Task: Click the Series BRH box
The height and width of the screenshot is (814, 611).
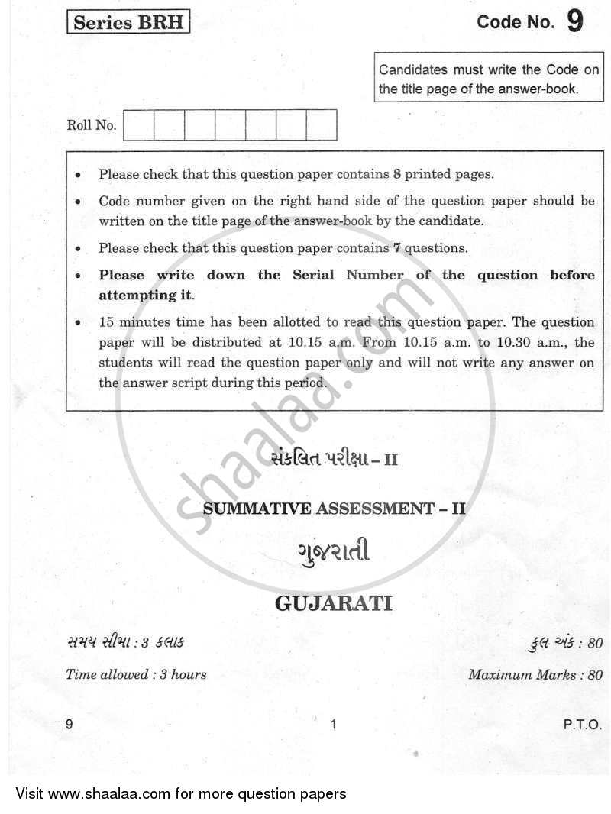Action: [x=128, y=22]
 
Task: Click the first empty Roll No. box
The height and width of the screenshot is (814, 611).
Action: [x=138, y=125]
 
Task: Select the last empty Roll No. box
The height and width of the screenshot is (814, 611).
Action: [x=321, y=125]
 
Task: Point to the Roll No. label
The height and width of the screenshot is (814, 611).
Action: [x=92, y=126]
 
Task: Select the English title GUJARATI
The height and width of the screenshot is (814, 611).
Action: [x=333, y=604]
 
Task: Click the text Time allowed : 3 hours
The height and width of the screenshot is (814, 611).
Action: [x=136, y=674]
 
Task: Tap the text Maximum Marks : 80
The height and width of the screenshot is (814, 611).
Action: [x=535, y=674]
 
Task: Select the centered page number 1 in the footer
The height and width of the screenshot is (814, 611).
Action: [x=334, y=725]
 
